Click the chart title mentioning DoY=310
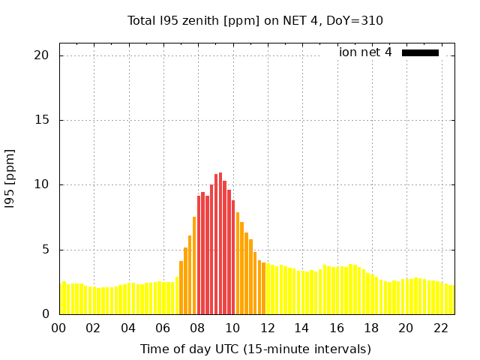255,20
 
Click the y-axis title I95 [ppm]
10,178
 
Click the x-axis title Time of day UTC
255,349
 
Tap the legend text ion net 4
365,52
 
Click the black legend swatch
420,52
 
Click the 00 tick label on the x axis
58,328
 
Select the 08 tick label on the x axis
197,328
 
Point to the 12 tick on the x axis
267,328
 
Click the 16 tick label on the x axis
336,328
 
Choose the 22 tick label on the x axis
440,328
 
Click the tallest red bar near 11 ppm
220,244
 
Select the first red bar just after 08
199,255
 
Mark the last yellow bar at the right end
451,300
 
